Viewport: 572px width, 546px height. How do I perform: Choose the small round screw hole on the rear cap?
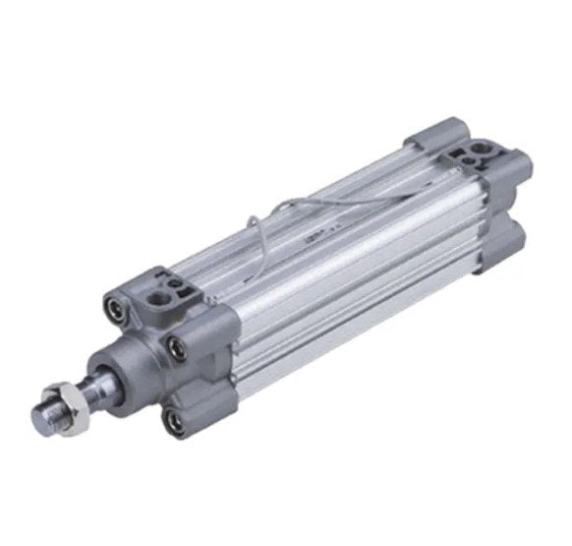[460, 152]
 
